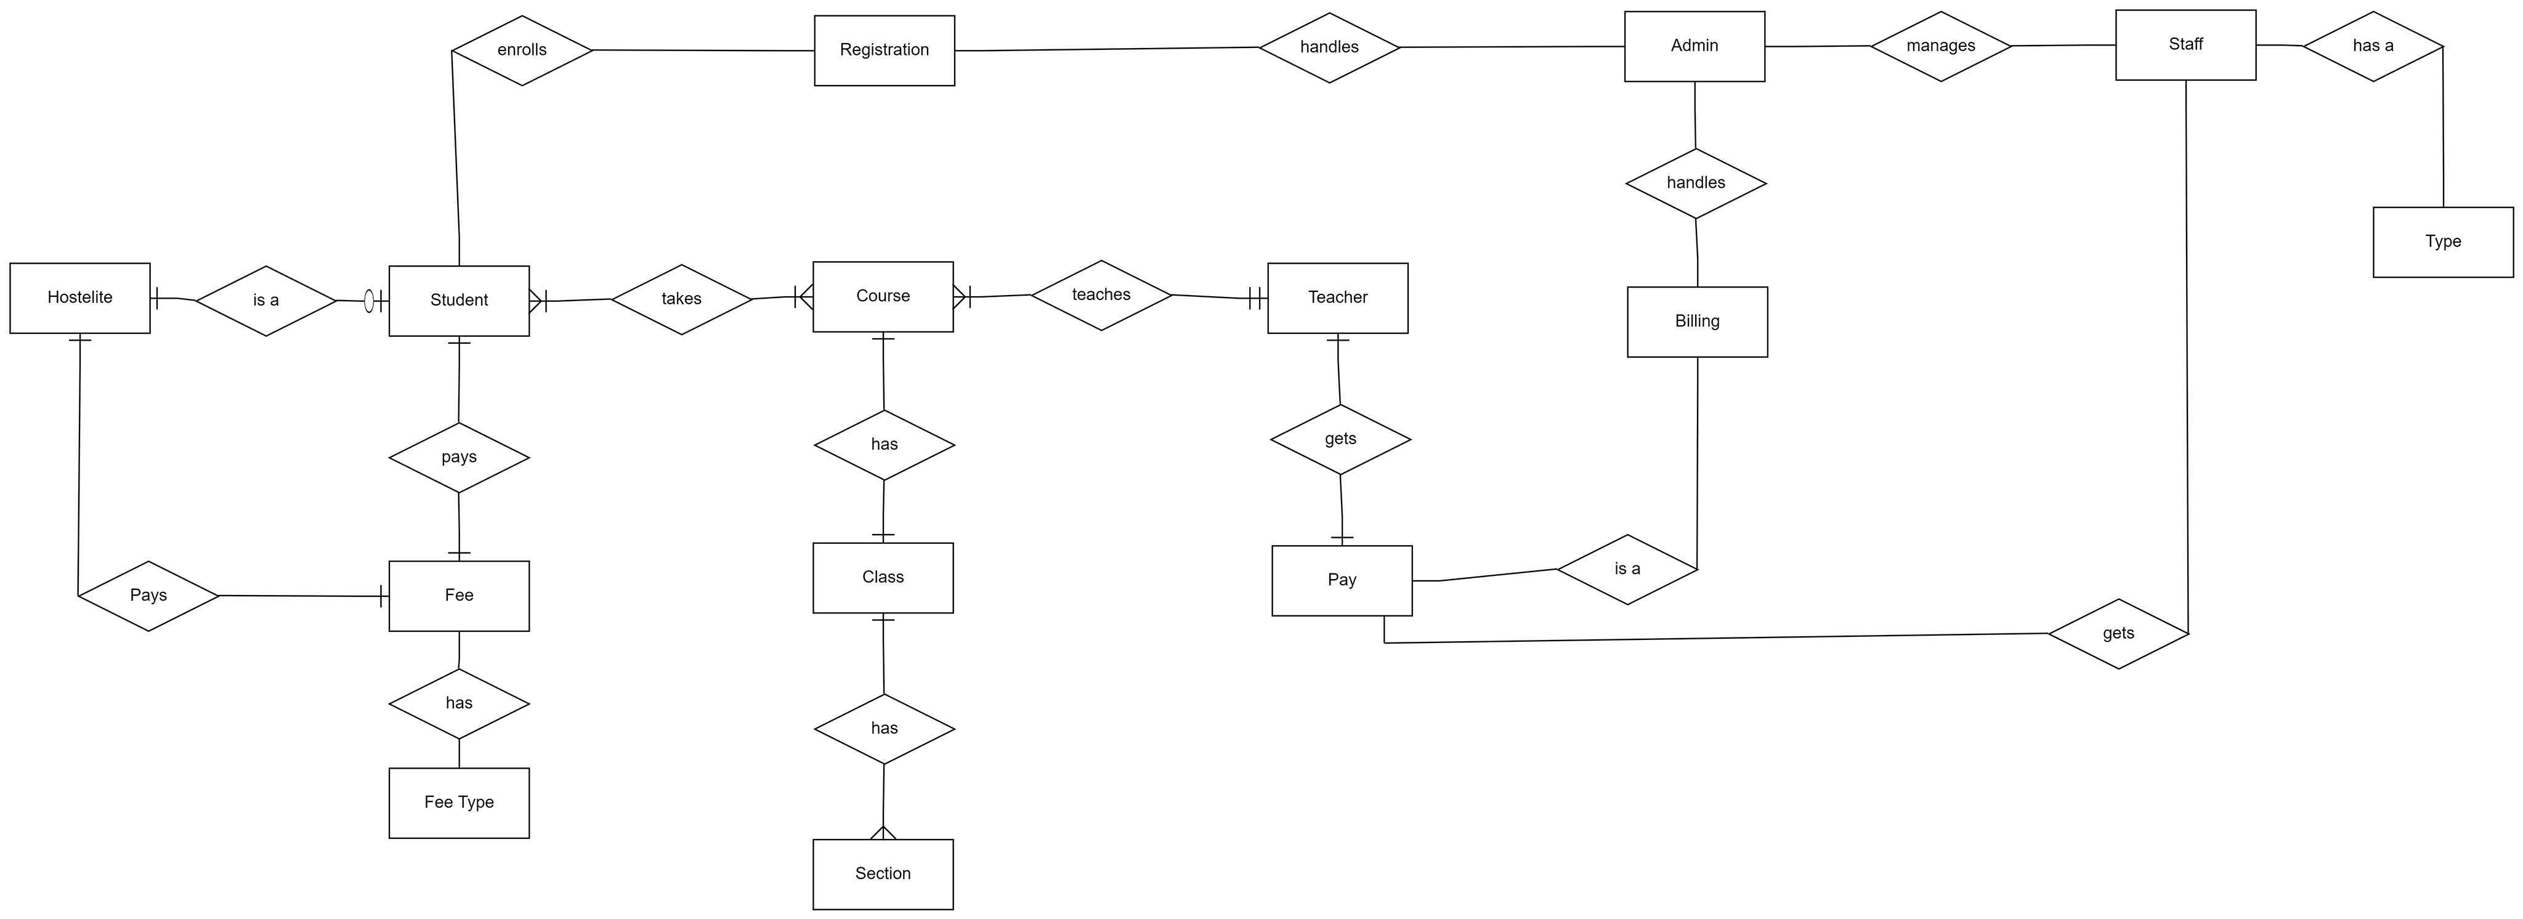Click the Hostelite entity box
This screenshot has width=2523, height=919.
pos(80,298)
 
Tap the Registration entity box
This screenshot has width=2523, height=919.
pos(885,50)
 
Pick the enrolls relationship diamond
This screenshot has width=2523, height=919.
pos(522,50)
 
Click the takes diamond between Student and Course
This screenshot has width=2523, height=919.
pos(682,299)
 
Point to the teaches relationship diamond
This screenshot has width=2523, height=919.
pos(1101,295)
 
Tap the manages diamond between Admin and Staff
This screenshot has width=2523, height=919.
pos(1940,46)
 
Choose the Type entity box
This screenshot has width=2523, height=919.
pos(2443,242)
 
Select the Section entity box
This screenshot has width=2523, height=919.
pos(883,874)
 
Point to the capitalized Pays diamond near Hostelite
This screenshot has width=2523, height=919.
pos(148,596)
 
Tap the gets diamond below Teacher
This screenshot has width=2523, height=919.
pos(1340,439)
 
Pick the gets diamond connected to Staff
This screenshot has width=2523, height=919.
pos(2118,634)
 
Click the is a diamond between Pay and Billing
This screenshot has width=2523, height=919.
pos(1627,569)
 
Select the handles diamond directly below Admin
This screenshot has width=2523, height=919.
pos(1695,183)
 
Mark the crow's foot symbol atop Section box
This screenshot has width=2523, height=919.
pos(883,833)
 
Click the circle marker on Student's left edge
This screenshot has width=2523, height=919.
pos(369,301)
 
